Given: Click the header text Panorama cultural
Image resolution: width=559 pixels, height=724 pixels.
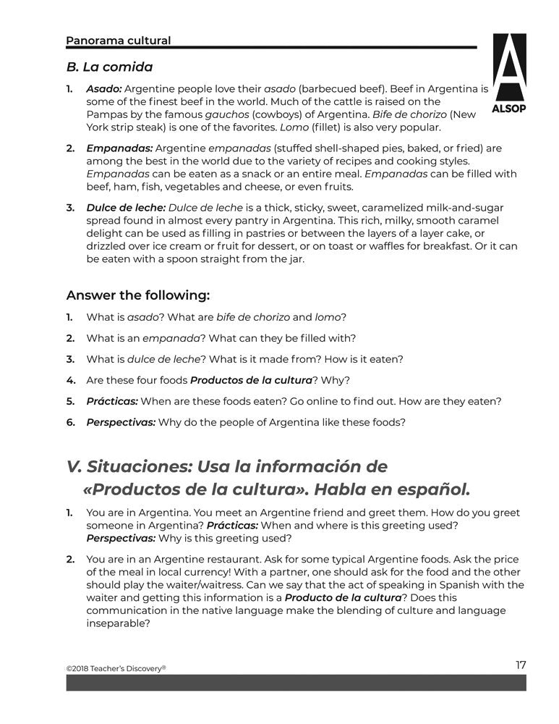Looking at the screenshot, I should coord(118,41).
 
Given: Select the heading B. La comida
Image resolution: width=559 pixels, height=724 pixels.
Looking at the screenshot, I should coord(109,67).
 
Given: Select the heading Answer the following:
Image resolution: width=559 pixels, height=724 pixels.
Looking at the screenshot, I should coord(138,295).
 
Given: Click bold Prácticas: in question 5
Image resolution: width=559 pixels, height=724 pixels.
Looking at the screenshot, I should coord(112,401).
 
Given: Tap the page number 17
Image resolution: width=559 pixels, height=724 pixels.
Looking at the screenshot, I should coord(521,665).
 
